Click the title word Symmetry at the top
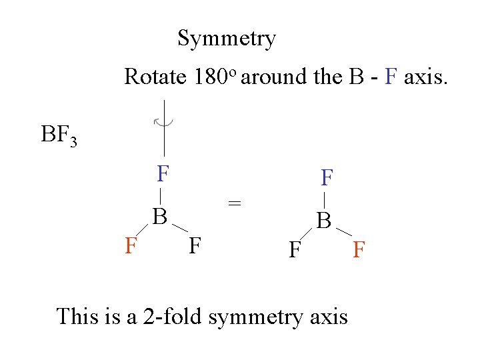(x=227, y=39)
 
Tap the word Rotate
(x=155, y=77)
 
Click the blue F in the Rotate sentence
(x=391, y=77)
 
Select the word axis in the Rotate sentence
(x=427, y=77)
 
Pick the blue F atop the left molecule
(x=163, y=175)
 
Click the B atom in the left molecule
(x=159, y=217)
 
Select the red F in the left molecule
(x=131, y=246)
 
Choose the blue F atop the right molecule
(x=327, y=178)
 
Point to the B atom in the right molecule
(x=324, y=220)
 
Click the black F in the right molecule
(x=293, y=250)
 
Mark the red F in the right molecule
(x=359, y=250)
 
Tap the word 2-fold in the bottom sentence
(x=173, y=316)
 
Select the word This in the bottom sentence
(x=78, y=316)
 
